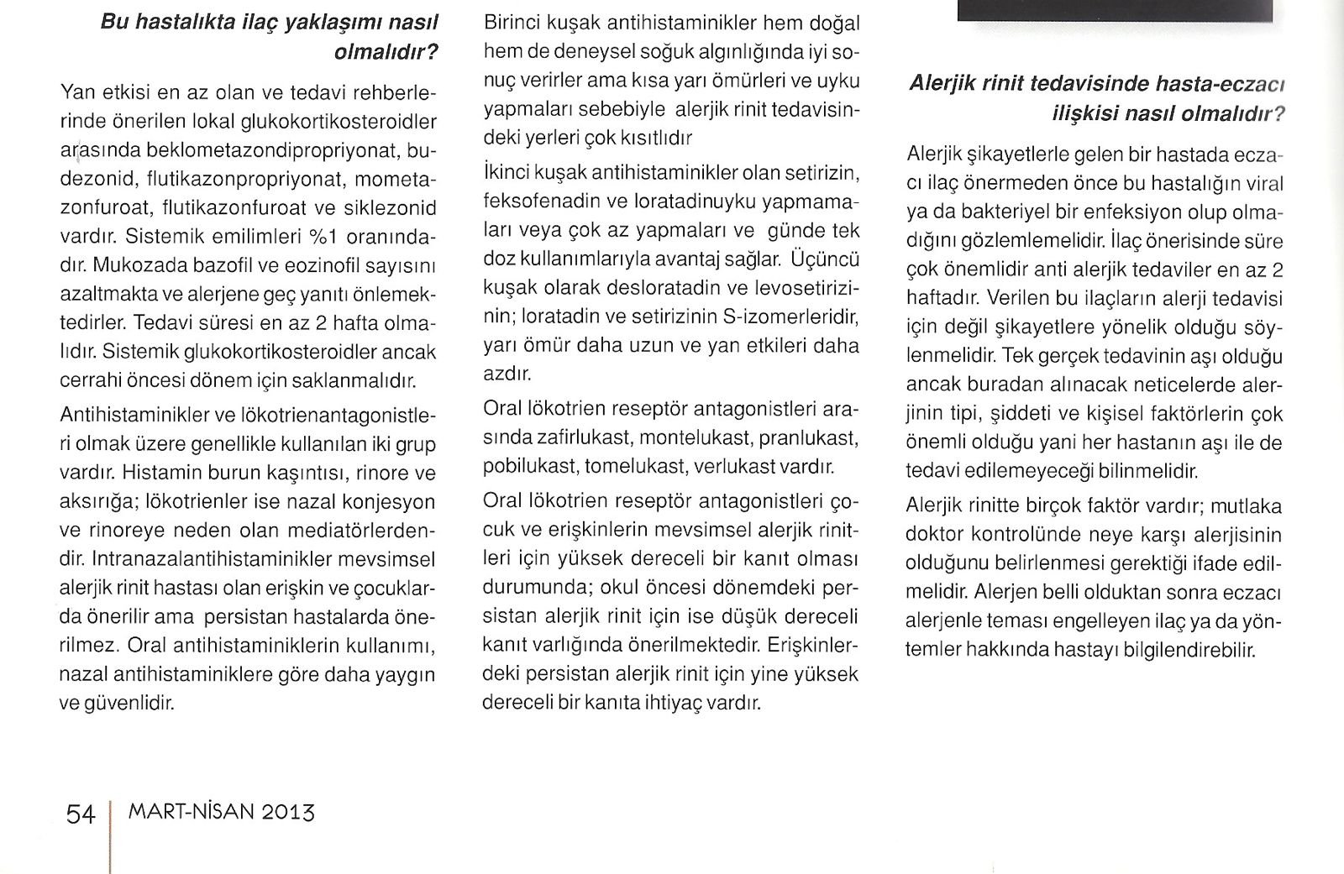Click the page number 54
click(81, 814)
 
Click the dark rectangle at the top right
click(1115, 10)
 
